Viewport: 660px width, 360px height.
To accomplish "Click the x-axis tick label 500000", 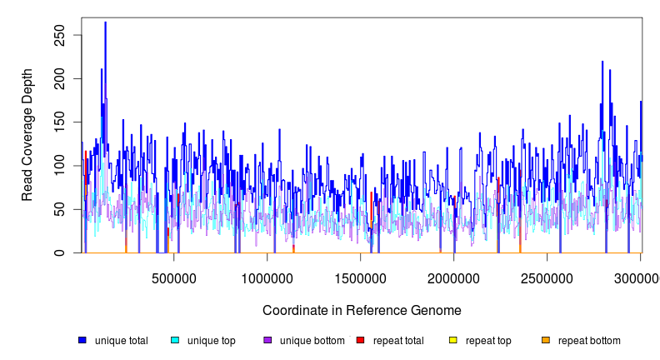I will pyautogui.click(x=174, y=277).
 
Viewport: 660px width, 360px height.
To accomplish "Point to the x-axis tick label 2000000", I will pyautogui.click(x=454, y=277).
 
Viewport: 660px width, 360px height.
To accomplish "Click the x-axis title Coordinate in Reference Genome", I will pyautogui.click(x=362, y=311).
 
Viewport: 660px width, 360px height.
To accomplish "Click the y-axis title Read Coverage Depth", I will pyautogui.click(x=27, y=136).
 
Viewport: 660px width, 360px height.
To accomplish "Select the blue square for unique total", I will pyautogui.click(x=82, y=340).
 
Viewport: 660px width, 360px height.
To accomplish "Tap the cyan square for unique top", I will pyautogui.click(x=175, y=340).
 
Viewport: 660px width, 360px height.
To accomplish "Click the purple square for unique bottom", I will pyautogui.click(x=267, y=340).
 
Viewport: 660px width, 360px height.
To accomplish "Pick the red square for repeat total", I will pyautogui.click(x=360, y=340).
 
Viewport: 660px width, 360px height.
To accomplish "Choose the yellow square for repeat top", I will pyautogui.click(x=453, y=340).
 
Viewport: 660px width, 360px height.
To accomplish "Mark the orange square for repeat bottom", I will pyautogui.click(x=546, y=340).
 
